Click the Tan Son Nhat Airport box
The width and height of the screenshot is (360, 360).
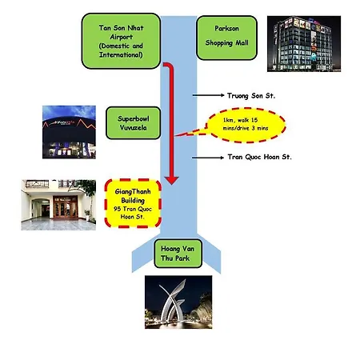121,41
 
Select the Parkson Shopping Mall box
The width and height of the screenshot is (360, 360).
226,38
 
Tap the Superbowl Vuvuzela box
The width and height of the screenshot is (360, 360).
134,123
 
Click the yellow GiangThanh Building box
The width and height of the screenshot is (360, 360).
133,203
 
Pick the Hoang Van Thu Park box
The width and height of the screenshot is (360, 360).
178,254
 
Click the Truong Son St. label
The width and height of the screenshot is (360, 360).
251,96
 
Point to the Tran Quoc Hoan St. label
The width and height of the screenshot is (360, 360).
259,157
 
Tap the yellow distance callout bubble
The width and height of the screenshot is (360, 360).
246,125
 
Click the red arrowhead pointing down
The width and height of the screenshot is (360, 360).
171,180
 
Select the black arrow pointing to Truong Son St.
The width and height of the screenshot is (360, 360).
208,95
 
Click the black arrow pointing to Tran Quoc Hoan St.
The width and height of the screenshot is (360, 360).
208,158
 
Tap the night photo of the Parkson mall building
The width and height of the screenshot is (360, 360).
304,44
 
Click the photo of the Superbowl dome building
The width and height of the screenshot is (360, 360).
69,132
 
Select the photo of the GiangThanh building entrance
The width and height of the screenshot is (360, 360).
58,205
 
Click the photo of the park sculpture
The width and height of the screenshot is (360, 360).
178,302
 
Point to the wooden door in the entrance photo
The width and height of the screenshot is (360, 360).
66,207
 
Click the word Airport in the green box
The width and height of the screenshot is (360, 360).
122,37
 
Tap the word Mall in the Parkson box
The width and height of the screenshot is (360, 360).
242,42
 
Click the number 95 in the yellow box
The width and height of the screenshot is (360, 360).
117,209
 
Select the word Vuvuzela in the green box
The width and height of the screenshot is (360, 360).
134,128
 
